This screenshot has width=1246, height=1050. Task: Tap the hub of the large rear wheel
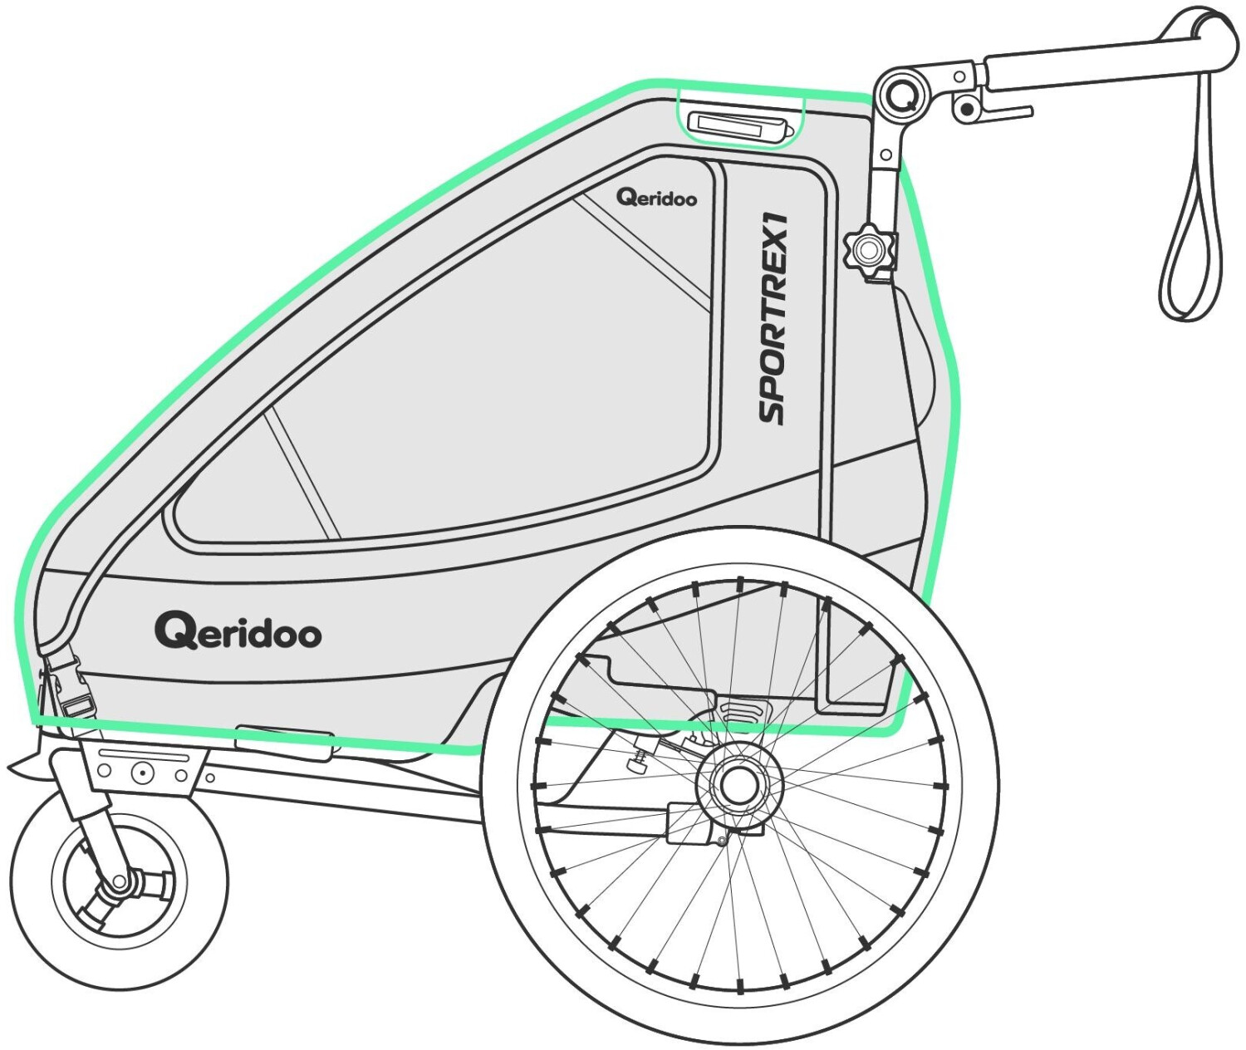point(738,783)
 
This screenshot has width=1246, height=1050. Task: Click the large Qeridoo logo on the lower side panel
point(238,632)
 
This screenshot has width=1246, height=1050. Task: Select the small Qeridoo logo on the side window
point(656,198)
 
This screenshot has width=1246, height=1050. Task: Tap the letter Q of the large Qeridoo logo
point(174,631)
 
